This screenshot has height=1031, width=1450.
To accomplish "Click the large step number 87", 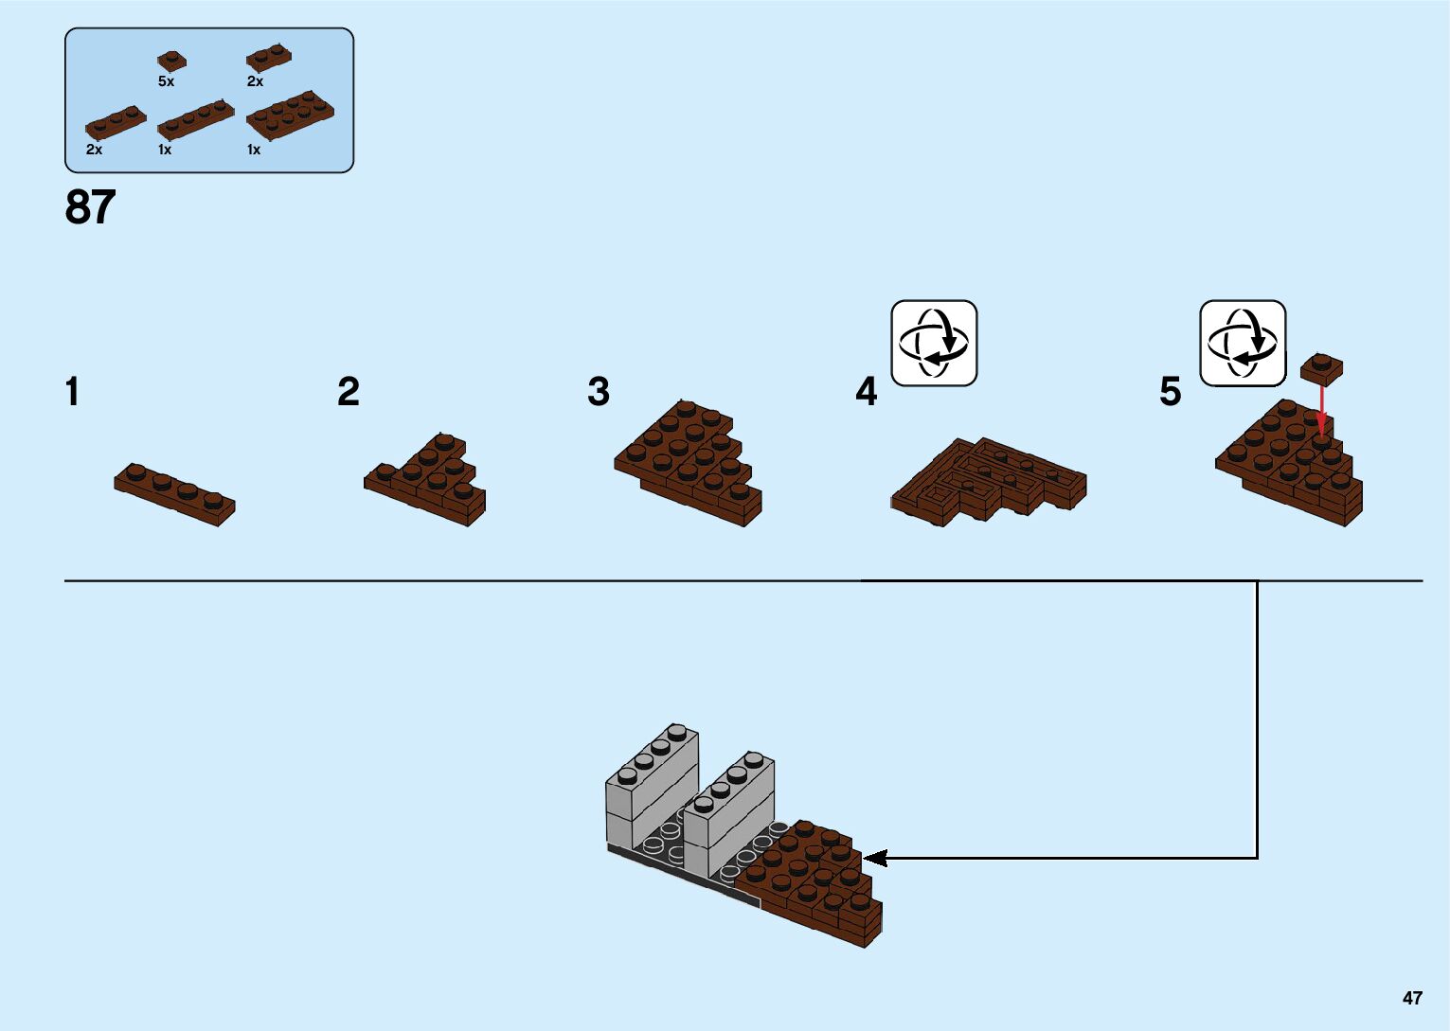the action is tap(90, 207).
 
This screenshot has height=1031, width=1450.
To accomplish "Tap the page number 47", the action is tap(1412, 998).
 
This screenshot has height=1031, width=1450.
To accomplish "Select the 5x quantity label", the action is tap(167, 82).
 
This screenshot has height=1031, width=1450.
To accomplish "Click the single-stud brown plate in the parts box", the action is tap(171, 60).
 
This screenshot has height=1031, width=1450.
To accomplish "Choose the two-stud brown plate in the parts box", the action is tap(268, 57).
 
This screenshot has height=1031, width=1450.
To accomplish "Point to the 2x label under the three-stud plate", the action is tap(94, 150).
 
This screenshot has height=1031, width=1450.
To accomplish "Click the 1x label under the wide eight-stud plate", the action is tap(254, 150).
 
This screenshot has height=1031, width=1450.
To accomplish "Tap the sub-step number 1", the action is tap(73, 392).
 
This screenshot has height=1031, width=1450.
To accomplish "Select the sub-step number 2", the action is tap(349, 392).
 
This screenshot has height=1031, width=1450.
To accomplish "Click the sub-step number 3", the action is tap(599, 392).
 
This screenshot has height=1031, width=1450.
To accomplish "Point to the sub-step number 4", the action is tap(867, 392).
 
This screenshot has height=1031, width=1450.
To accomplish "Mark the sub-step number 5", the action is tap(1171, 392).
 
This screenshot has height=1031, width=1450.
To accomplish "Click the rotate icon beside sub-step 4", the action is tap(934, 343).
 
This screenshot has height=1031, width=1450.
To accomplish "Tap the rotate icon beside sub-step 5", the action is tap(1243, 343).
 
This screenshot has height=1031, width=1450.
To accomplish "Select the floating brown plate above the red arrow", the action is tap(1322, 367).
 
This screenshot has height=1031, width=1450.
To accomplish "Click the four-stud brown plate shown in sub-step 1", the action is tap(174, 493).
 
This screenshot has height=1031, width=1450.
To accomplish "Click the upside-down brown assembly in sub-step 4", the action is tap(987, 481).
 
